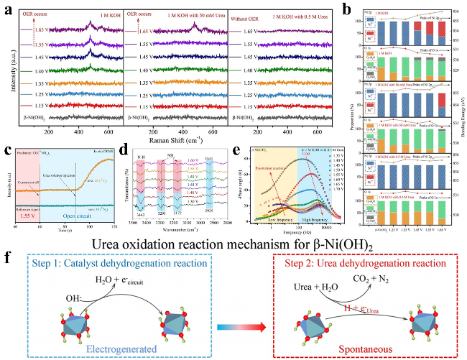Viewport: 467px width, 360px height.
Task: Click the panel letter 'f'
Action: pos(8,257)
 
